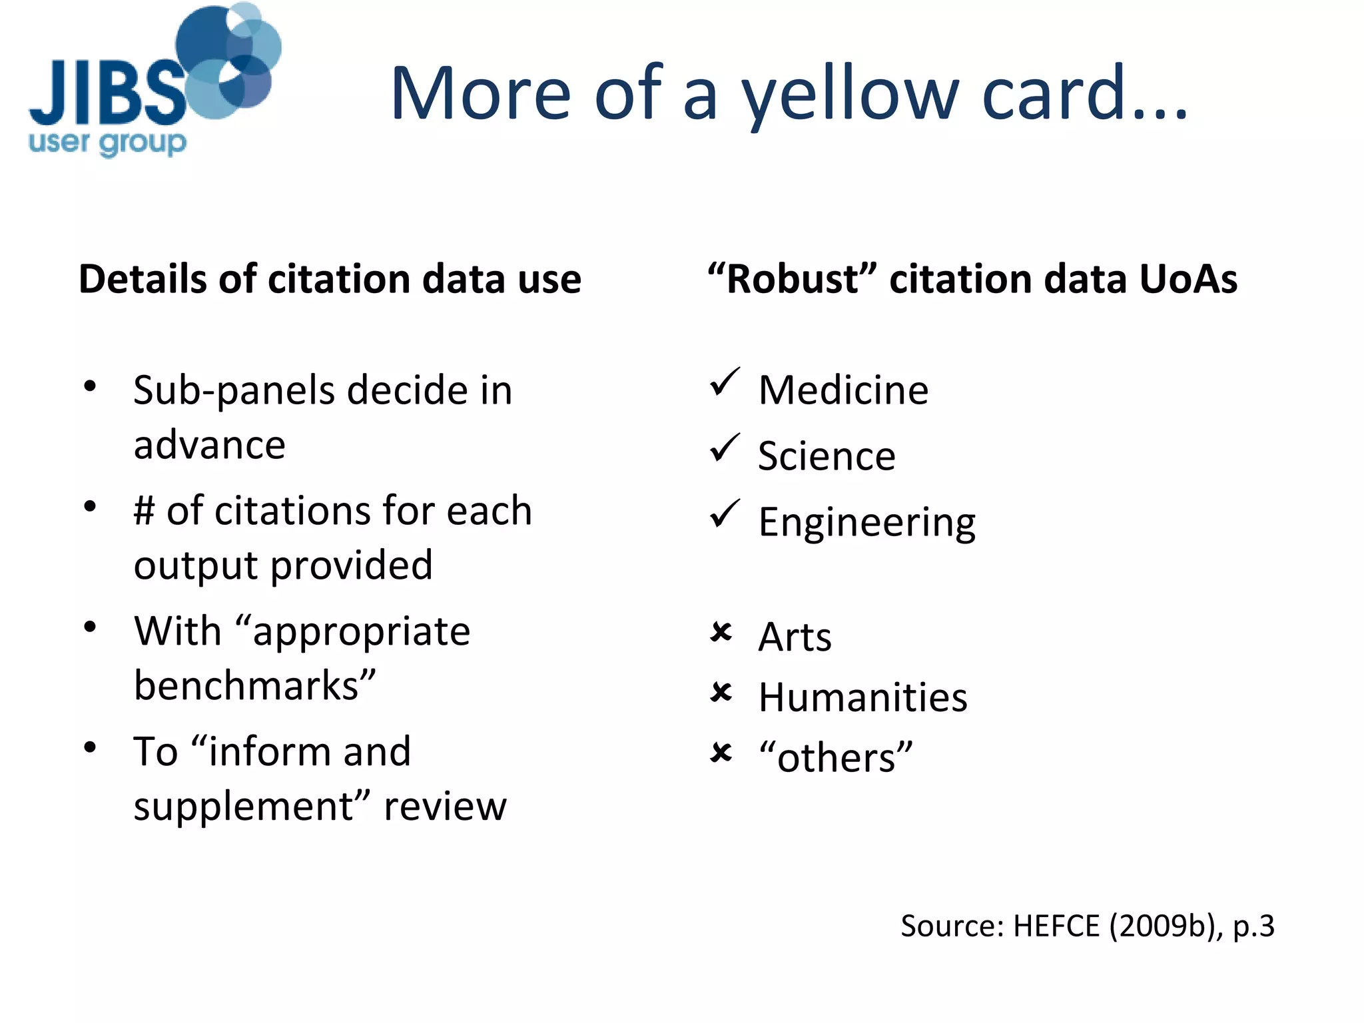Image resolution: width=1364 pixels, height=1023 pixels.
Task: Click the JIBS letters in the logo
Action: point(107,93)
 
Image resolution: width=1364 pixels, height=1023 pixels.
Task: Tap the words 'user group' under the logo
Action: point(107,143)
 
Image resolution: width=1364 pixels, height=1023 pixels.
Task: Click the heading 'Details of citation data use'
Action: point(330,279)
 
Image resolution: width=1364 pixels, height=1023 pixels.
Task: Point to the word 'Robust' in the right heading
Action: point(792,279)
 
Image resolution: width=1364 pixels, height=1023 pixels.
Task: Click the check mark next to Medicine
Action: point(724,382)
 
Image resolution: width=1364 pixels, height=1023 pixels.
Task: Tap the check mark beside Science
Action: point(724,448)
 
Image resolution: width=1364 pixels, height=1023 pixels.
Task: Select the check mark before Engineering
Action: point(724,513)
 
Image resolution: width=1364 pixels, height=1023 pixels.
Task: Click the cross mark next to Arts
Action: point(721,631)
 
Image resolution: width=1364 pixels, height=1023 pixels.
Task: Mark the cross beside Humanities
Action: point(721,692)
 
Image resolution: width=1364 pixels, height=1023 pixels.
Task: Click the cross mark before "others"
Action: point(721,753)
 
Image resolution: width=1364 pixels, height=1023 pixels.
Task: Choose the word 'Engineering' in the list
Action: point(866,523)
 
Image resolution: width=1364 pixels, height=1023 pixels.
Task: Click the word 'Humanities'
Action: point(862,697)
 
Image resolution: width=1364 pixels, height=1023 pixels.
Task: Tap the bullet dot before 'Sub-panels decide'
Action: point(90,386)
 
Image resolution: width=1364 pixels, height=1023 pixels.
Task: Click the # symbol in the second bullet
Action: point(144,511)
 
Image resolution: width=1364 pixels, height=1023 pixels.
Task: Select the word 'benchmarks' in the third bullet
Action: point(246,686)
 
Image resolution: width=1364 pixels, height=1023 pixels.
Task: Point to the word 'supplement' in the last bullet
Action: point(244,807)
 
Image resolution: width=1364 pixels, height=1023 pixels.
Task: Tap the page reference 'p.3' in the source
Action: point(1253,926)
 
